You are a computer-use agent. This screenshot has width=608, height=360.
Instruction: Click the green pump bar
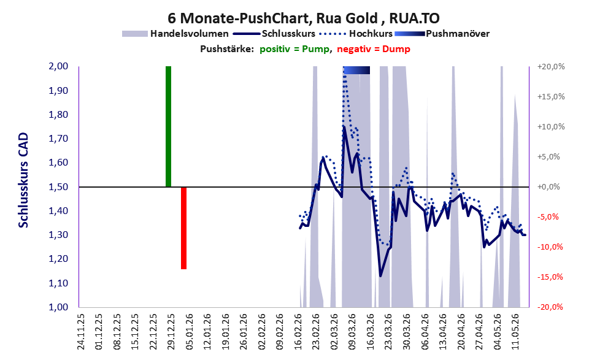click(x=168, y=126)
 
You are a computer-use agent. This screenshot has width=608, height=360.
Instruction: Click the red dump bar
click(x=184, y=228)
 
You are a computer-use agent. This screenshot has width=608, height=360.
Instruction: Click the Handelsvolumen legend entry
click(x=175, y=34)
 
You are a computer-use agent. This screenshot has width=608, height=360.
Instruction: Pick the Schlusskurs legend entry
click(x=274, y=34)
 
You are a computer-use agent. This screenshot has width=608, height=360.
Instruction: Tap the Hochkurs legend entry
click(x=356, y=34)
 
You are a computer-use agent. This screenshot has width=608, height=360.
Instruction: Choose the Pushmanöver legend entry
click(x=442, y=34)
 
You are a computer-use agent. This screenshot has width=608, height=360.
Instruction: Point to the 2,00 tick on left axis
click(x=58, y=66)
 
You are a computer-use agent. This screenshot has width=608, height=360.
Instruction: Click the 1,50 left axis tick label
click(x=58, y=187)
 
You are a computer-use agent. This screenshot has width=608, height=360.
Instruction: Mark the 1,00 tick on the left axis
click(x=58, y=307)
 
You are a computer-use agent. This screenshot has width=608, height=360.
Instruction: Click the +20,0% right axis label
click(x=551, y=67)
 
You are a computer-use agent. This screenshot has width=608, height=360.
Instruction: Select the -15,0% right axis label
click(x=550, y=277)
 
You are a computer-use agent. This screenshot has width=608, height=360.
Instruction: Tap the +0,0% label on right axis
click(x=548, y=187)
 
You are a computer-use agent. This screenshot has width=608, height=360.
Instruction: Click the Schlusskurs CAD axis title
click(x=23, y=180)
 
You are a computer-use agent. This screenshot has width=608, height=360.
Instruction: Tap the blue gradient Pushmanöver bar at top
click(x=356, y=70)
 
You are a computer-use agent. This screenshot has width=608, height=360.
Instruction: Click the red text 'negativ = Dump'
click(x=374, y=49)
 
